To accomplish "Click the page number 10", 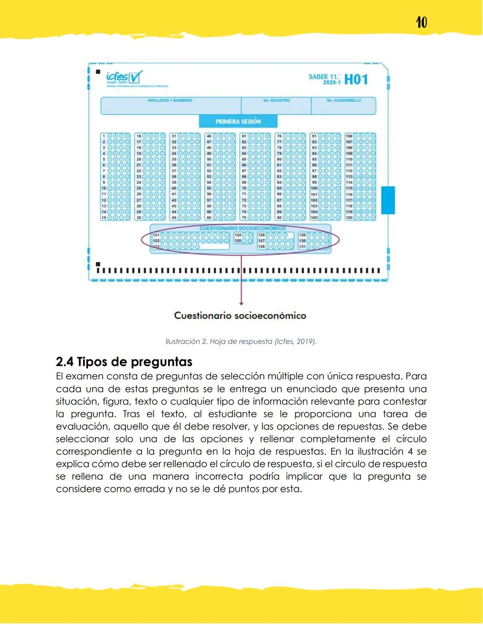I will pos(421,22).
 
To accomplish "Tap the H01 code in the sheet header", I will pos(356,80).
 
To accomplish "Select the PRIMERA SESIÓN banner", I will pos(238,121).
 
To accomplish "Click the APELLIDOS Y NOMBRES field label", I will pos(170,101).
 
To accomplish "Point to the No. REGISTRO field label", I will pos(276,101).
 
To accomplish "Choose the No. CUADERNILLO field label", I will pos(343,101).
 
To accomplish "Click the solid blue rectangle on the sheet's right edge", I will pos(388,200).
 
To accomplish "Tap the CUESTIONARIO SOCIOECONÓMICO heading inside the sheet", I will pos(242,228).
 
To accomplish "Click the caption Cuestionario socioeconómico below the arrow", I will pos(240,315).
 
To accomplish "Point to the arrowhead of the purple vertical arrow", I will pos(241,303).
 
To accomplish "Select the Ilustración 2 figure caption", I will pos(241,341).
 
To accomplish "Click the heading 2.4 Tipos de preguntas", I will pos(124,361).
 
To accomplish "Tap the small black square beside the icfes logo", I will pos(98,72).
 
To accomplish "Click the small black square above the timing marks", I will pos(98,264).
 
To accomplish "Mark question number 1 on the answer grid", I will pos(104,136).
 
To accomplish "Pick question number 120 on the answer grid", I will pos(349,217).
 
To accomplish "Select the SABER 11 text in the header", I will pos(324,77).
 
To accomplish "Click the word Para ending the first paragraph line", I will pos(416,376).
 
